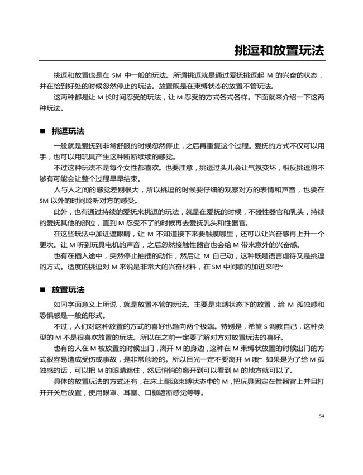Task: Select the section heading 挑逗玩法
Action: [68, 131]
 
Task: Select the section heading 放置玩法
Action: [68, 290]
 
